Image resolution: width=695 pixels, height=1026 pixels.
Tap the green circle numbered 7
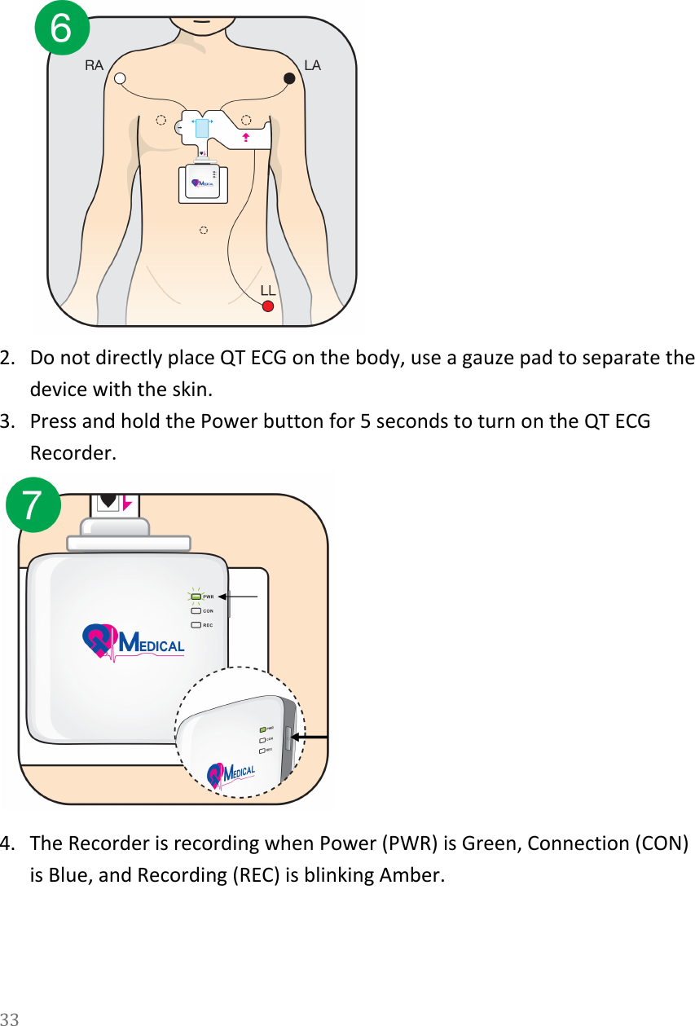[33, 505]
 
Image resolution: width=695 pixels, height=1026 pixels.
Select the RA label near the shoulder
[95, 66]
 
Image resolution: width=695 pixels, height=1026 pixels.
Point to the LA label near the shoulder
[313, 64]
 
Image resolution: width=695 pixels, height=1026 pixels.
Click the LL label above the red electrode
[268, 290]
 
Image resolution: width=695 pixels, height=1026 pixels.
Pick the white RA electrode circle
[120, 78]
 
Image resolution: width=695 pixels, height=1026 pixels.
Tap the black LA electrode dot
[288, 78]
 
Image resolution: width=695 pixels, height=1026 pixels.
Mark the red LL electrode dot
[267, 306]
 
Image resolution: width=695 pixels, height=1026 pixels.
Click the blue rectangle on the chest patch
[203, 128]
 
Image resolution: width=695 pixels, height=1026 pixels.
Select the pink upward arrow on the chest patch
[244, 136]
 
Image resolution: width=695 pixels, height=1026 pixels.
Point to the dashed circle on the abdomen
[204, 231]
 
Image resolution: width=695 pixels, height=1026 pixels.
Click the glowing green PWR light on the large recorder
[196, 597]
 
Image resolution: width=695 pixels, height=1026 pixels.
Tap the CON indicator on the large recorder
[196, 610]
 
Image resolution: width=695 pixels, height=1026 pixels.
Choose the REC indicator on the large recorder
[196, 625]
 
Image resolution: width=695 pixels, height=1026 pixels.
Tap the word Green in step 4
[489, 842]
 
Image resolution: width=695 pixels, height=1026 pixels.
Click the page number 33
[10, 1018]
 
